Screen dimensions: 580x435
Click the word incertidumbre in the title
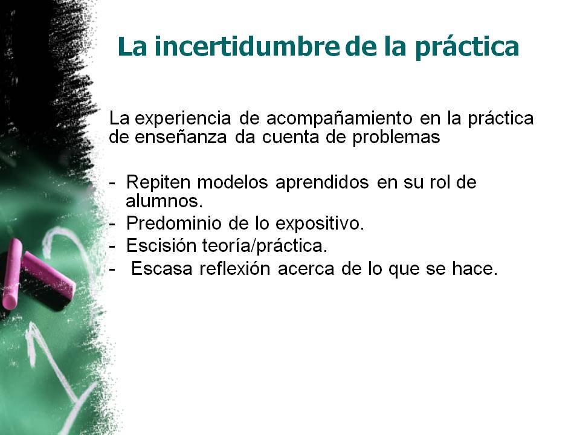point(246,47)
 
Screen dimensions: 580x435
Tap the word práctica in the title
point(467,47)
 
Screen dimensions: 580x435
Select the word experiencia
point(182,119)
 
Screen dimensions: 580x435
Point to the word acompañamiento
point(339,119)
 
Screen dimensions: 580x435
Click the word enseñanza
point(181,137)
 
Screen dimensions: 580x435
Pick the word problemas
point(396,137)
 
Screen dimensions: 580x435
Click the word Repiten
point(158,182)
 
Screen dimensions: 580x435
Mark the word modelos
point(232,182)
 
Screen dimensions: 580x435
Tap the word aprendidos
point(322,182)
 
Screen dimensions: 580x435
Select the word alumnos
point(164,201)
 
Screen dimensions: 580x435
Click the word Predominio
point(173,224)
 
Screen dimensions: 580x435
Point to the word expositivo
point(320,224)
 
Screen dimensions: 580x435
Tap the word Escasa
point(162,268)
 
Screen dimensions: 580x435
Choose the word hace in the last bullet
point(475,268)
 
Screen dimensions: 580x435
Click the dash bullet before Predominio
point(112,224)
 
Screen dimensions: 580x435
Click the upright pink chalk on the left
point(11,274)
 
